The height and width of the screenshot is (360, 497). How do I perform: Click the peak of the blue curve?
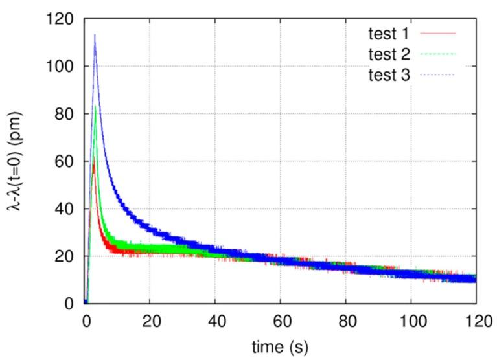[x=95, y=35]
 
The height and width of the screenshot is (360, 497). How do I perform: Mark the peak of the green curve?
[x=95, y=107]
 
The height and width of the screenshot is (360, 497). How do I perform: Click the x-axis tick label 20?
[x=150, y=319]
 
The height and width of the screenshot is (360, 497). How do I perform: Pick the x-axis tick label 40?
[x=215, y=319]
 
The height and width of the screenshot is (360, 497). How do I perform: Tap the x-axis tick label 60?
[x=281, y=319]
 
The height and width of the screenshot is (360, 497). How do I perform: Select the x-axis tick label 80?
[x=345, y=319]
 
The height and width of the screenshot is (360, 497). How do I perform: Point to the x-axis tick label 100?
[x=411, y=319]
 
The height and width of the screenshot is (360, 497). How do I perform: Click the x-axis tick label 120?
[x=476, y=319]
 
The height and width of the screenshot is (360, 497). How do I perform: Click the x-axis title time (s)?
[x=281, y=346]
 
